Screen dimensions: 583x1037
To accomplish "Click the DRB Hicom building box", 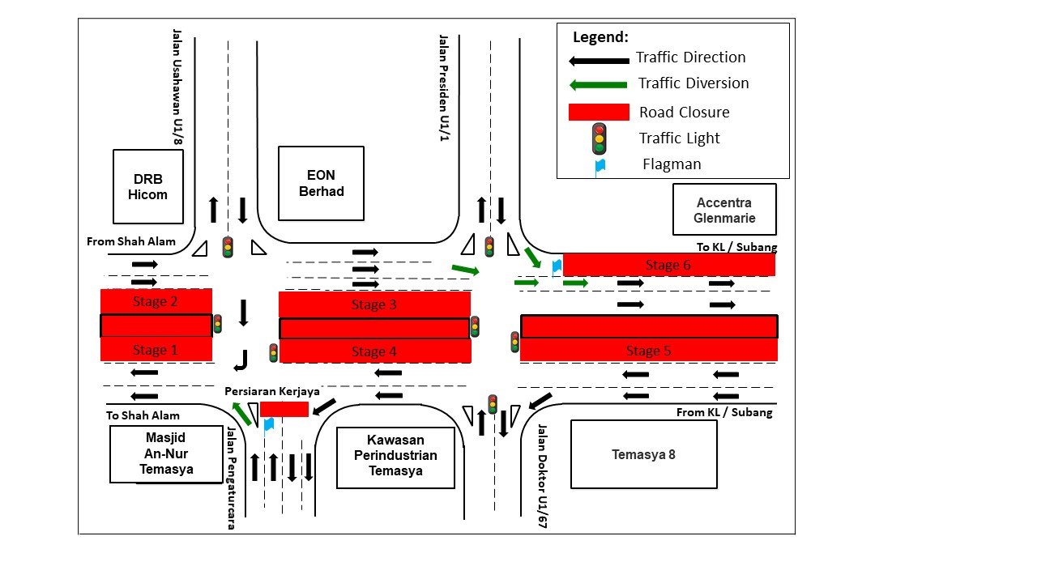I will click(148, 186).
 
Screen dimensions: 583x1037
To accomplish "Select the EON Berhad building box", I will click(321, 184).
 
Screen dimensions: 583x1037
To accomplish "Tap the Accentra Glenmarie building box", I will click(724, 210).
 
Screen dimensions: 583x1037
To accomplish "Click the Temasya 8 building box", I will click(643, 454).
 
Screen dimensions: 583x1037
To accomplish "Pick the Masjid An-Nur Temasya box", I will click(166, 453).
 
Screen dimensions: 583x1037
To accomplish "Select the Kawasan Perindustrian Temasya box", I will click(395, 457).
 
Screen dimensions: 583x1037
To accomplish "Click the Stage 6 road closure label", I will click(668, 265).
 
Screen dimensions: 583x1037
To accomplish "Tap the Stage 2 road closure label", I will click(156, 302).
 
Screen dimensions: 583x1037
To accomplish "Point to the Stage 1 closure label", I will click(156, 350).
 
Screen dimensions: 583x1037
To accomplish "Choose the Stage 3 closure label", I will click(374, 304).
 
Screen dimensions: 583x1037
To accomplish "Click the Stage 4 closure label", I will click(374, 351).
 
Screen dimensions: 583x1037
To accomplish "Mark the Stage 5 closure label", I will click(648, 351).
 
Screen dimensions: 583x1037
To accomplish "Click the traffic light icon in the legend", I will click(600, 138).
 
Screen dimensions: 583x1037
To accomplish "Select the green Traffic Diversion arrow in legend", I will click(599, 84).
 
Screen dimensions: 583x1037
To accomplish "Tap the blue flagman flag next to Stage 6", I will click(556, 265).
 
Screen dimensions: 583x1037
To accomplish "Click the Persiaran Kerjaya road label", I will click(272, 391).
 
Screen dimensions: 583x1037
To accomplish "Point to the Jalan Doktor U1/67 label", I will click(542, 478).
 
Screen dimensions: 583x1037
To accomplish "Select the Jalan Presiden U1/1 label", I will click(443, 87).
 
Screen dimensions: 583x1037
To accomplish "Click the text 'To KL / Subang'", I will click(736, 247).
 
